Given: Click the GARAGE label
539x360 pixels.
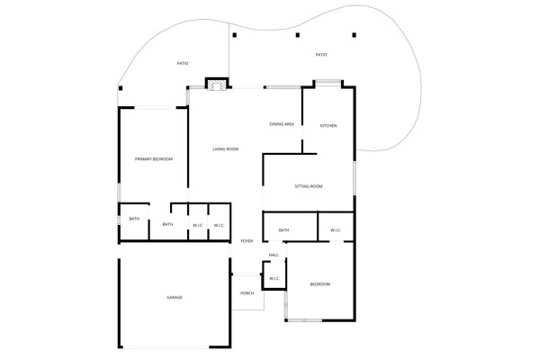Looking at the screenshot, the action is point(175,297).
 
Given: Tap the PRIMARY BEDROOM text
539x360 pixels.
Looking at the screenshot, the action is point(154,159).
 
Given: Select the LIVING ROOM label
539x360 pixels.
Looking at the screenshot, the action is point(226,149).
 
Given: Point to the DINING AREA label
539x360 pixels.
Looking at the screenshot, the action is point(282,124).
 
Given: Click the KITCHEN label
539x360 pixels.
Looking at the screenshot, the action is point(328,126).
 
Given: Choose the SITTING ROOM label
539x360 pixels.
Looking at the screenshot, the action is point(309,186).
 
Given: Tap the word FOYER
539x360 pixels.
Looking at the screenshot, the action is point(247,241).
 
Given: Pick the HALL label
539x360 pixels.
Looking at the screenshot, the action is point(274,255).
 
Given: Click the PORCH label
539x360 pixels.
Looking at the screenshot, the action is point(247,293).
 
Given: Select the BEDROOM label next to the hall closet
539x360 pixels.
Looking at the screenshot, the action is point(320,284).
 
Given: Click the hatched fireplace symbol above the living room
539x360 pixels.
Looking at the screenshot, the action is point(217,86).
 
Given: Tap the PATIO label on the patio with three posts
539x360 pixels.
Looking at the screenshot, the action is point(321,55).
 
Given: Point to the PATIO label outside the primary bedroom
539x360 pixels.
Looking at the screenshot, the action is point(183,64).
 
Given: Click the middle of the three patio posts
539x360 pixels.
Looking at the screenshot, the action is point(298,35).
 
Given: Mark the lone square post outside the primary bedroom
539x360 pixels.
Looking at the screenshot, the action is point(121,88).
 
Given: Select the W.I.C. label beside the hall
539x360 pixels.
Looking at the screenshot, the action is point(274,278).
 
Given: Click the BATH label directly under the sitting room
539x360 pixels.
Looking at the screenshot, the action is point(284,230).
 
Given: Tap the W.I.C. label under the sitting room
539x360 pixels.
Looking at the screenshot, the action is point(336,230).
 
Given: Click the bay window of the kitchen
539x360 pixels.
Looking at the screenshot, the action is point(328,82).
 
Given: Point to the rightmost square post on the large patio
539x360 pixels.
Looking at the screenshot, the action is point(354,35).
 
